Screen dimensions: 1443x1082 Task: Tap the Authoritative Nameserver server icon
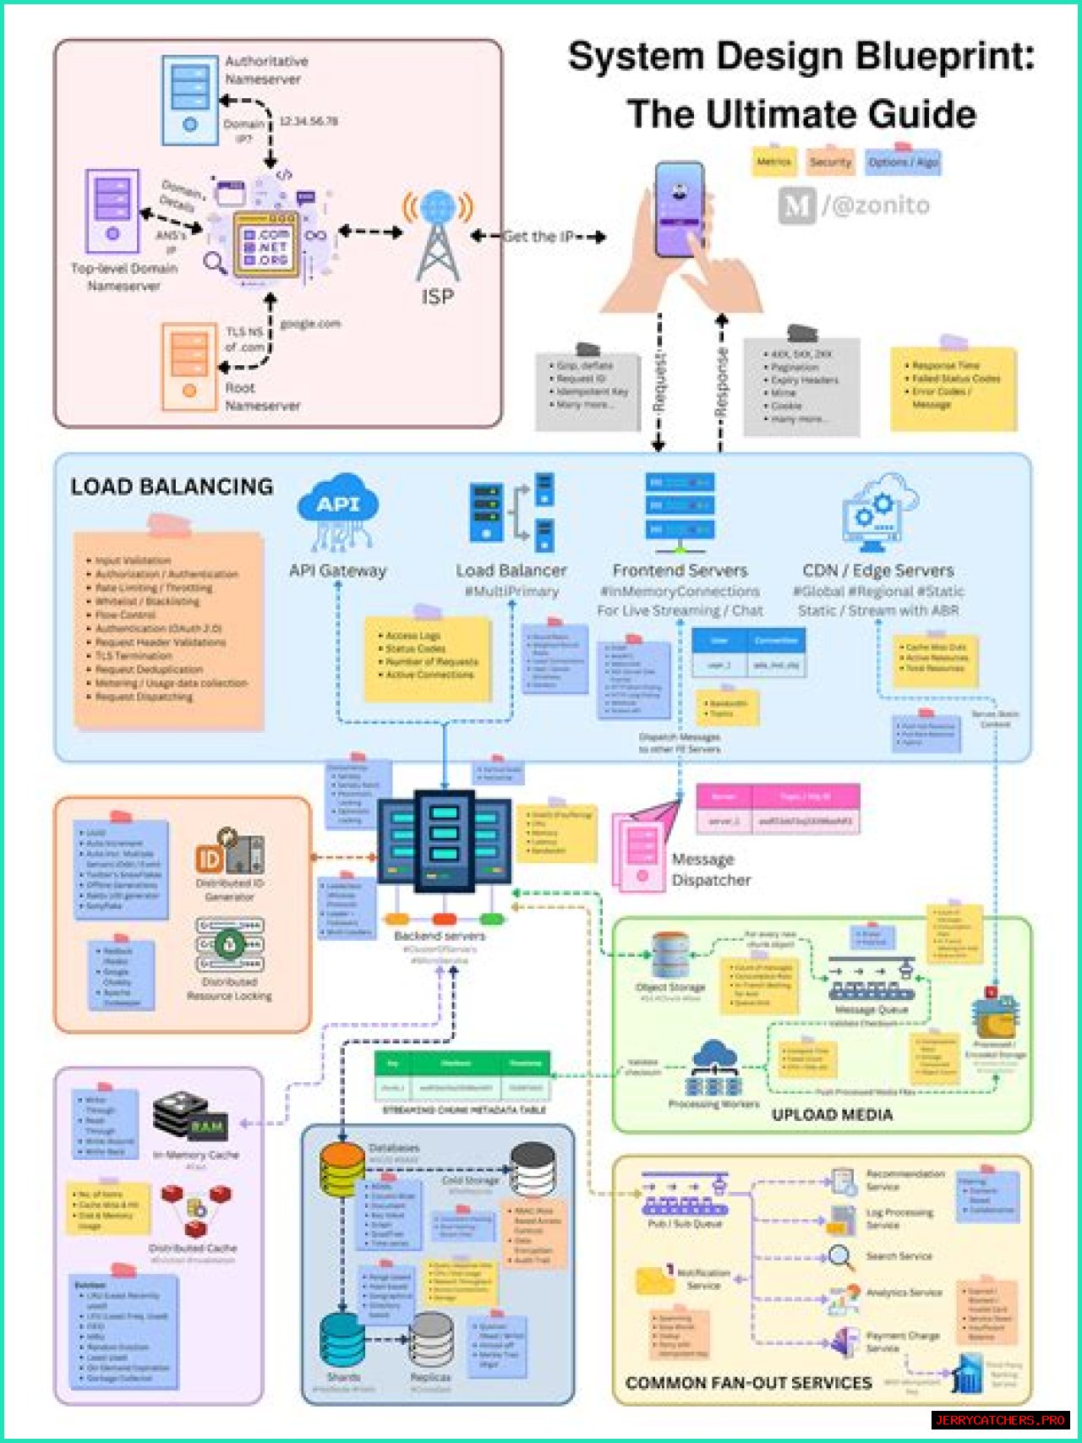[189, 100]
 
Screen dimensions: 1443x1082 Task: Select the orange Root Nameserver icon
[189, 366]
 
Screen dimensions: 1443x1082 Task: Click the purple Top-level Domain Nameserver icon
[112, 211]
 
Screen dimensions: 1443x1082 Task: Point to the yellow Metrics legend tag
[773, 161]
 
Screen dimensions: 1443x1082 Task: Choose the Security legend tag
[830, 162]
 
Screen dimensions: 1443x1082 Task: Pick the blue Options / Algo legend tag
[903, 162]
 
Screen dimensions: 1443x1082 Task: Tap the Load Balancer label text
[511, 571]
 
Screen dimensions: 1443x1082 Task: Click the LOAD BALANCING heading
[172, 487]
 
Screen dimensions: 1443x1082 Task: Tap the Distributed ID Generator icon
[229, 853]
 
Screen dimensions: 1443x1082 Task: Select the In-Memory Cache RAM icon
[192, 1117]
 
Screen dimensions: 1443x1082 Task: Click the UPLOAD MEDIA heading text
[832, 1115]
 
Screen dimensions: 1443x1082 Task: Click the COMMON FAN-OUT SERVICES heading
[748, 1383]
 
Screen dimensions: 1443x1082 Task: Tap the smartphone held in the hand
[680, 210]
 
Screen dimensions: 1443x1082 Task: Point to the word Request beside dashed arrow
[660, 382]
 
